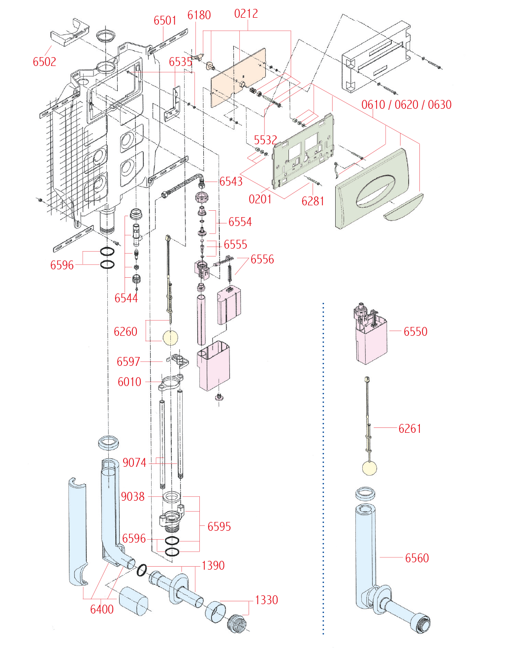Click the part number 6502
44,62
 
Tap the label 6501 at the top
165,21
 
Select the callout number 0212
246,14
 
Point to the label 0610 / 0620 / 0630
406,105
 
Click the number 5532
265,140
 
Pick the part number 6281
313,201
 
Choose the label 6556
262,259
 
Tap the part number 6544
126,298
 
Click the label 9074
134,462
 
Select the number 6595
219,527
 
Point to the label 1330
266,600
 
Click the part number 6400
102,610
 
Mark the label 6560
417,558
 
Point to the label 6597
128,362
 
